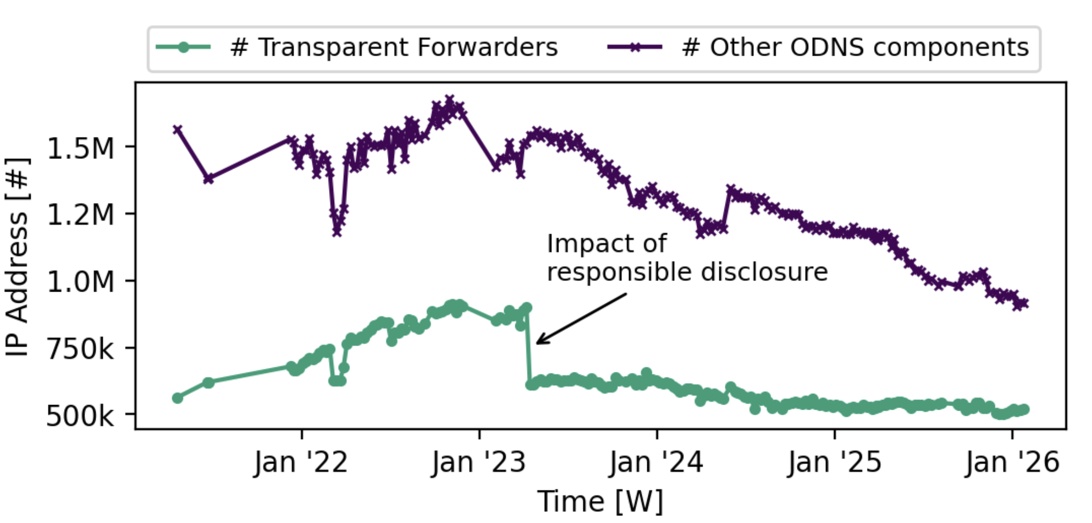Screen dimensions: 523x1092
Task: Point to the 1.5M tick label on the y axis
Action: (x=80, y=149)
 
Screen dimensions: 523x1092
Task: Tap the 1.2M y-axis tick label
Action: (x=80, y=215)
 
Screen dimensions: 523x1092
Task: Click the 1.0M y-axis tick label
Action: (x=80, y=281)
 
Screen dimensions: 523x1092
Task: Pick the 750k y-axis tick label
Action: (x=79, y=349)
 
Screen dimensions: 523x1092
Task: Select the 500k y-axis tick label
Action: (x=79, y=415)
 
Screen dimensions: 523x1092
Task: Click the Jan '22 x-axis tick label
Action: (x=301, y=463)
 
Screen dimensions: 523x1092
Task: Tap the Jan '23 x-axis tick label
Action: (x=479, y=463)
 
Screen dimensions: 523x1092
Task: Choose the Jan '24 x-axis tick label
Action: (x=656, y=463)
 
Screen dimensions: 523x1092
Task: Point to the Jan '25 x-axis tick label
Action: (x=835, y=463)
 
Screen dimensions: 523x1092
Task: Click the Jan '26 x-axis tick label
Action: (x=1012, y=463)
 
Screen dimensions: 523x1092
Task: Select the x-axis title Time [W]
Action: (x=600, y=502)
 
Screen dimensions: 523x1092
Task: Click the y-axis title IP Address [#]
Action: (x=18, y=257)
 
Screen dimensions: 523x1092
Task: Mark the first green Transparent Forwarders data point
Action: (x=178, y=398)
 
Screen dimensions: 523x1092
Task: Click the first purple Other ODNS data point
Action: (x=178, y=129)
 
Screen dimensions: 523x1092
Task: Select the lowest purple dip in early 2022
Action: (x=337, y=231)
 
